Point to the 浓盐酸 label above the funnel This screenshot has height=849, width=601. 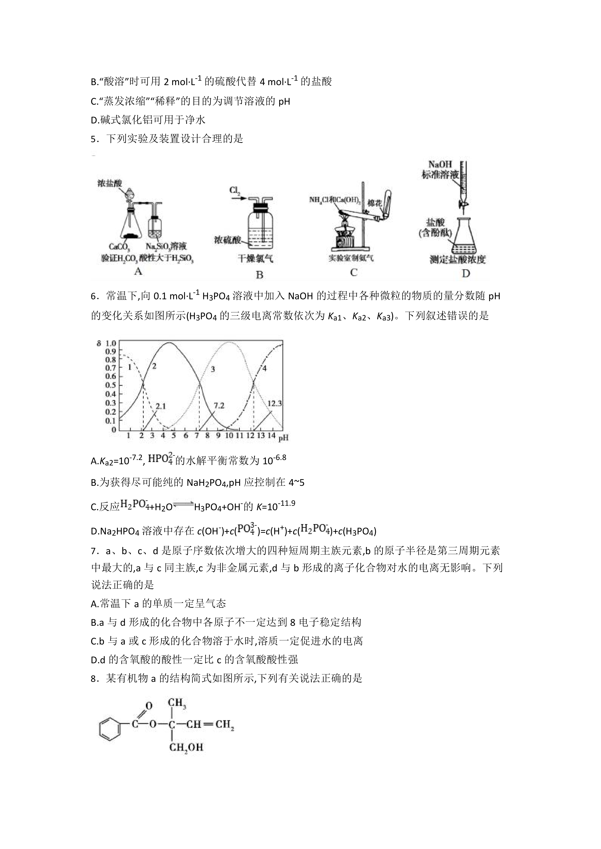tap(110, 183)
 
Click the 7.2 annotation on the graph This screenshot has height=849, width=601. tap(219, 406)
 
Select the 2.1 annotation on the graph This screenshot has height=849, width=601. tap(161, 406)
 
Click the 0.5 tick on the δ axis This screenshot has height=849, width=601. tap(111, 385)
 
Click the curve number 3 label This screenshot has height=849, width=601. tap(213, 369)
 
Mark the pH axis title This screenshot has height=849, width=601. tap(283, 438)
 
